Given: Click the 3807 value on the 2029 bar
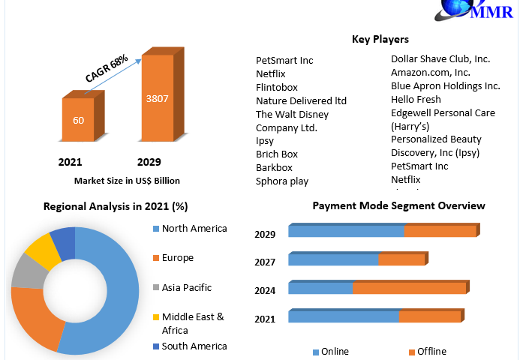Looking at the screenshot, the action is [157, 99].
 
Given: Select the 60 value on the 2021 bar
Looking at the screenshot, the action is [78, 120].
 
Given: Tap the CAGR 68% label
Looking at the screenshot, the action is [107, 68].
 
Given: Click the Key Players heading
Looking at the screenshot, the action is [380, 39].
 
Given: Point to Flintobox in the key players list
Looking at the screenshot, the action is [277, 87].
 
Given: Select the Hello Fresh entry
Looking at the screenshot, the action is [416, 99].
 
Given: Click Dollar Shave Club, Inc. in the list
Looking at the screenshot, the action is [440, 59].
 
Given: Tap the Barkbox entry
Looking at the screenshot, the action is [274, 168].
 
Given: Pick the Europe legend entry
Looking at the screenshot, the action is [173, 258].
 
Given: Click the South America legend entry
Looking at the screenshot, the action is [190, 346].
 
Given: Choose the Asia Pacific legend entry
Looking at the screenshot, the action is [182, 287].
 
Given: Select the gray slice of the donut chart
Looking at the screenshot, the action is [29, 271].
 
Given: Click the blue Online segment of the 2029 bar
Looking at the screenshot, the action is [346, 231].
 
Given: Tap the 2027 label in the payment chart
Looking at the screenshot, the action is [265, 262].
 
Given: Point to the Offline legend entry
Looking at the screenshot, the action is [428, 352].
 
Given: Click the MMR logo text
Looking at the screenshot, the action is [491, 12].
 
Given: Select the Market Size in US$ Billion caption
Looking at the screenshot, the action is [127, 181].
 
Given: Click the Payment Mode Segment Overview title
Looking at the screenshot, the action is [398, 206].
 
